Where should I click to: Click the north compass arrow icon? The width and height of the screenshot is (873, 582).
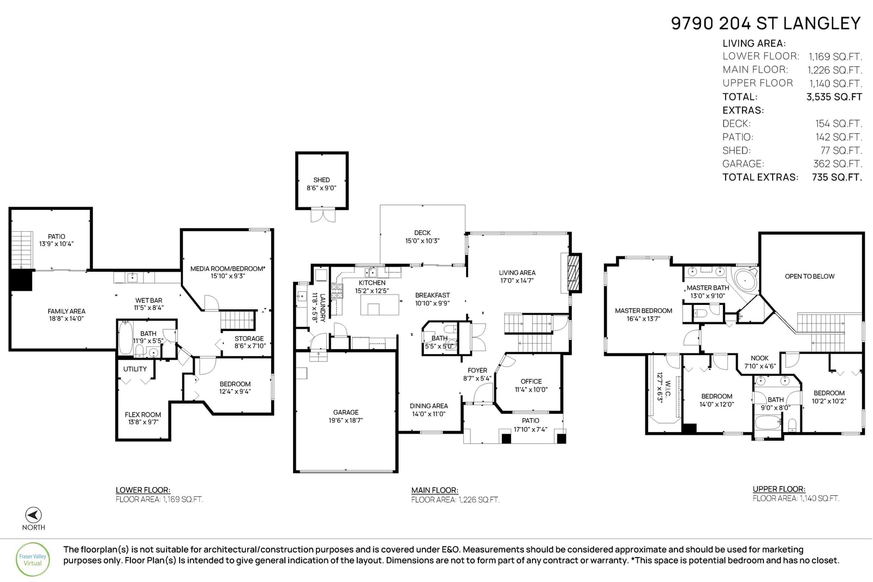point(33,515)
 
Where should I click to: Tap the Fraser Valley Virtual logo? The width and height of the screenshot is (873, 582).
point(33,560)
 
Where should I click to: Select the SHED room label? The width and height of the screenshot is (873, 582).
point(321,180)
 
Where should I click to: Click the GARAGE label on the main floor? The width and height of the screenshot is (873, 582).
point(346,412)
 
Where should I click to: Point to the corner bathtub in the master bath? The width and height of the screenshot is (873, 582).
point(745,280)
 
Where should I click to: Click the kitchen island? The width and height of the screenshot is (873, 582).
point(380,304)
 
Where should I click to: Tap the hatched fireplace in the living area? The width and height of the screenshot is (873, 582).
point(573,273)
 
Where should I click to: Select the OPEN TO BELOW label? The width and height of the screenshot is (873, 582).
point(810,276)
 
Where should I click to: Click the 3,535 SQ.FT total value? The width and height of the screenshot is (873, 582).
point(834,97)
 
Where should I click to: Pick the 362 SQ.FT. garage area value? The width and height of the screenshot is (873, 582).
point(837,164)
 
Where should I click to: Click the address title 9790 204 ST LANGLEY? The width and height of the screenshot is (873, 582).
point(766,23)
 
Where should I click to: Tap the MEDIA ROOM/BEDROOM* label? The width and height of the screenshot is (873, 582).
point(228,268)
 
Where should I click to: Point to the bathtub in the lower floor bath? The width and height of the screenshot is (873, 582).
point(125,337)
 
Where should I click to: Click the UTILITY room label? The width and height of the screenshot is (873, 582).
point(135,369)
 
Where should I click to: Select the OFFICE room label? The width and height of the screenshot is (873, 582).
point(531,381)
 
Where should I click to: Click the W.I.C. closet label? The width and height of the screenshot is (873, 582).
point(668,389)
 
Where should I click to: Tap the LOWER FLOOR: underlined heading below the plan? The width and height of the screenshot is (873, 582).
point(143,490)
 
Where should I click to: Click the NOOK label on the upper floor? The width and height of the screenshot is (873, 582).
point(760,358)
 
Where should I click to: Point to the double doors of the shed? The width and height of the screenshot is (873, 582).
point(322,215)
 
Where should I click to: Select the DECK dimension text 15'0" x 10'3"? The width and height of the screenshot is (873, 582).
point(422,241)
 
